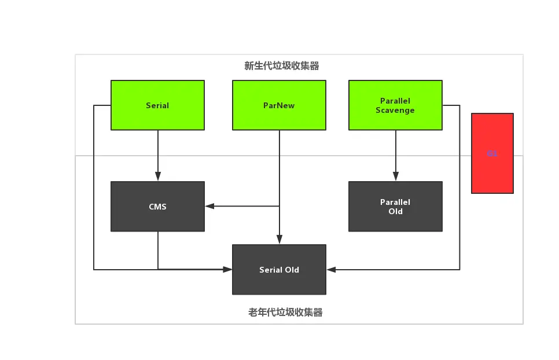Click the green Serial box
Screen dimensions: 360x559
tap(157, 105)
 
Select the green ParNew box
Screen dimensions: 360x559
tap(279, 105)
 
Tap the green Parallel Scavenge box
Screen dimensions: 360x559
tap(395, 105)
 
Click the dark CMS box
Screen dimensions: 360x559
tap(157, 207)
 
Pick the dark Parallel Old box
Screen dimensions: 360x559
tap(395, 207)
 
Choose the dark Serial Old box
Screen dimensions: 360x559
tap(279, 270)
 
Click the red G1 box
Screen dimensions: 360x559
tap(492, 153)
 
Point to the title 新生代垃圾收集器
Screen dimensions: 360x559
tap(282, 66)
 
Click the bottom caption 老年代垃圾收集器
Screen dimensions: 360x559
tap(285, 313)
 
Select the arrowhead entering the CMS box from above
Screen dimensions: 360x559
tap(157, 177)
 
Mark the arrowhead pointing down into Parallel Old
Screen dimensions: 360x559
tap(396, 177)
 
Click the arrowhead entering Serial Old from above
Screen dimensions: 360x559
tap(279, 240)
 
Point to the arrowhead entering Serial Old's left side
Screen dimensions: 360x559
tap(228, 269)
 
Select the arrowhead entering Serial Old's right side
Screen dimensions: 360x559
tap(331, 269)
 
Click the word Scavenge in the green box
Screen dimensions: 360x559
tap(395, 110)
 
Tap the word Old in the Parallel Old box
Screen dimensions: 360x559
tap(395, 212)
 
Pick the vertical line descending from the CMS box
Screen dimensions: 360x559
tap(158, 250)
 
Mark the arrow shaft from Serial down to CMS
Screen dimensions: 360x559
tap(157, 152)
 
